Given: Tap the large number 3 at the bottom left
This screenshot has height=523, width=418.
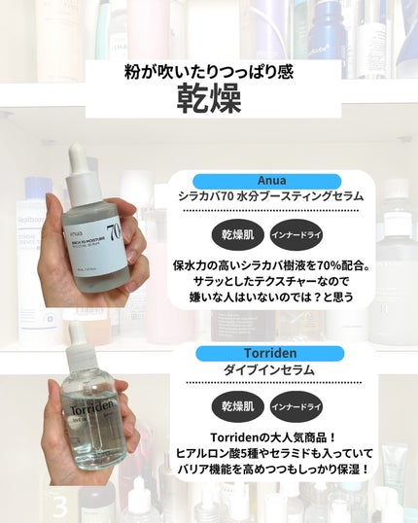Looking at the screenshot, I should pyautogui.click(x=59, y=506).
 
